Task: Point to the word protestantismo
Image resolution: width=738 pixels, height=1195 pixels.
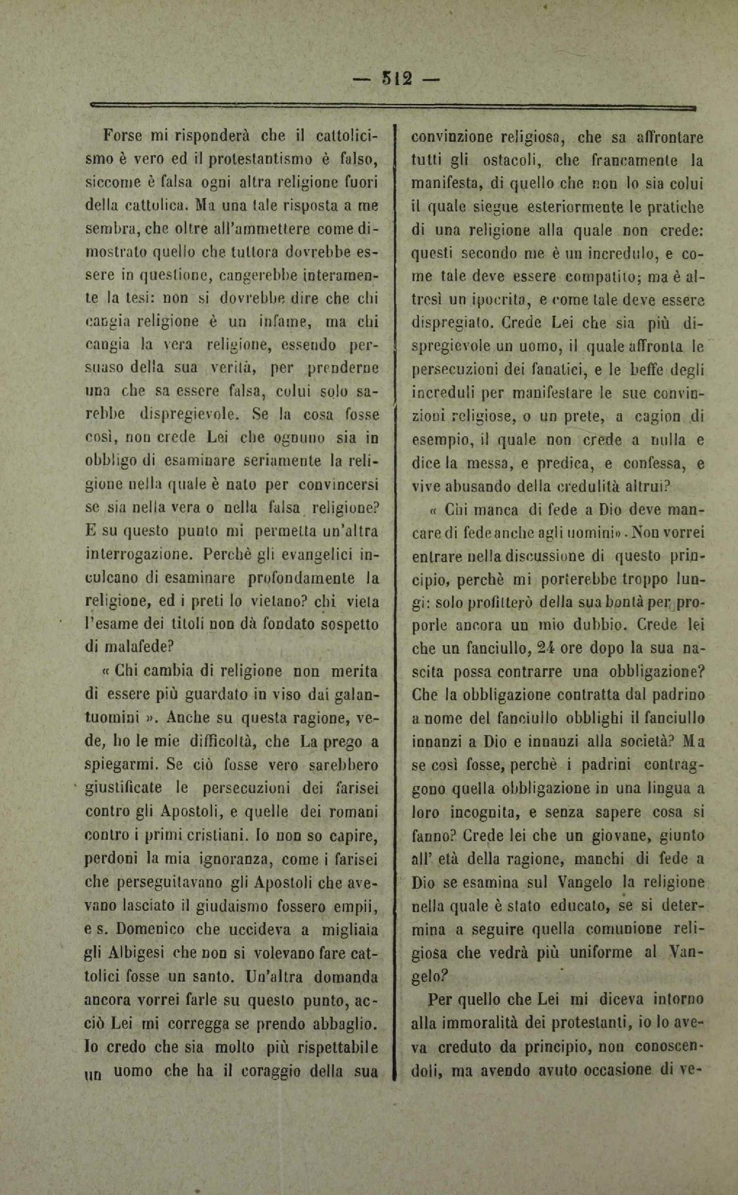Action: pyautogui.click(x=259, y=159)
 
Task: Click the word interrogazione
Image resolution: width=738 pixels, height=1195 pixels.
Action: pyautogui.click(x=140, y=554)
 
